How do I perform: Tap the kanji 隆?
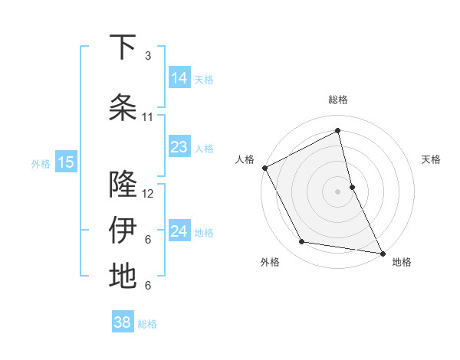pyautogui.click(x=123, y=185)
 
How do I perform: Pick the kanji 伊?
pyautogui.click(x=123, y=231)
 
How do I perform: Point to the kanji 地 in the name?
pyautogui.click(x=123, y=277)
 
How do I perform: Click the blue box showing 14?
pyautogui.click(x=179, y=78)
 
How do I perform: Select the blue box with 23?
pyautogui.click(x=179, y=147)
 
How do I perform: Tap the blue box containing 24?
pyautogui.click(x=179, y=231)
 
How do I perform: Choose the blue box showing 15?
pyautogui.click(x=65, y=162)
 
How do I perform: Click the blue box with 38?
pyautogui.click(x=123, y=322)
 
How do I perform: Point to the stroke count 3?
pyautogui.click(x=148, y=56)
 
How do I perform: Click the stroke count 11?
pyautogui.click(x=148, y=117)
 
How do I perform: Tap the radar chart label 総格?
pyautogui.click(x=337, y=100)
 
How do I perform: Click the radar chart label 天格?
pyautogui.click(x=431, y=159)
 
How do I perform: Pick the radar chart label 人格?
pyautogui.click(x=245, y=159)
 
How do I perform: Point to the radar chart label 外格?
pyautogui.click(x=270, y=262)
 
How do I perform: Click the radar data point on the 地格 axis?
pyautogui.click(x=382, y=252)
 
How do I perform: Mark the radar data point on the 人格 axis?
pyautogui.click(x=264, y=168)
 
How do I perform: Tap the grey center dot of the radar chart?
pyautogui.click(x=337, y=191)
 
